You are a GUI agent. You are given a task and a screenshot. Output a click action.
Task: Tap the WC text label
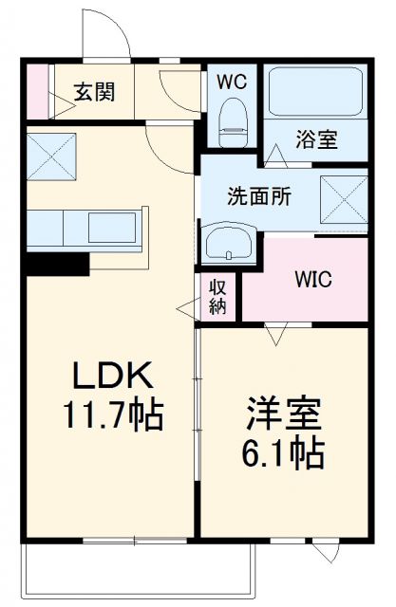pyautogui.click(x=231, y=82)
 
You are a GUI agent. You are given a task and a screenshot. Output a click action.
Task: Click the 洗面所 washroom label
pyautogui.click(x=258, y=198)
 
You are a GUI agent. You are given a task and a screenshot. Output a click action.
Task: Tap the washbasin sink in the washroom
pyautogui.click(x=228, y=244)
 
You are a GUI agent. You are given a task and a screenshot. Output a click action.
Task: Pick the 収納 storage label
pyautogui.click(x=217, y=295)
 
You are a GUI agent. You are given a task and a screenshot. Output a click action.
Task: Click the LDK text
pyautogui.click(x=113, y=377)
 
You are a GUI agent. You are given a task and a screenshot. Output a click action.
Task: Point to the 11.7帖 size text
pyautogui.click(x=113, y=414)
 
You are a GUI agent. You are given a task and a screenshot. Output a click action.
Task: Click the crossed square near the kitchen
pyautogui.click(x=50, y=156)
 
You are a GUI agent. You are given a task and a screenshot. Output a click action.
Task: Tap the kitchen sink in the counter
pyautogui.click(x=113, y=229)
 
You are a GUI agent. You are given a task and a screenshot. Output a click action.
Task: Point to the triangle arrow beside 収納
pyautogui.click(x=184, y=306)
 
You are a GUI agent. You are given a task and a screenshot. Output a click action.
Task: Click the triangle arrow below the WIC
pyautogui.click(x=276, y=333)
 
